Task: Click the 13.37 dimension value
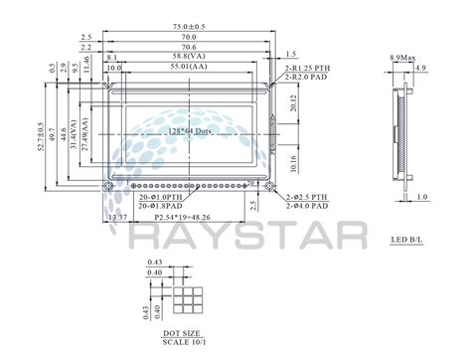tap(117, 216)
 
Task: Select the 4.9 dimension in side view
tap(421, 69)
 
